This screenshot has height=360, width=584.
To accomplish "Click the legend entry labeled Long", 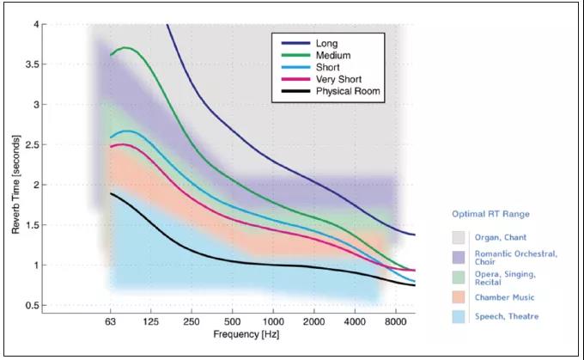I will click(x=327, y=42).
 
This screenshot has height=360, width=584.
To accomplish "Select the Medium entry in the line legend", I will click(x=332, y=54).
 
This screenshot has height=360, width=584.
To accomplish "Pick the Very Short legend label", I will click(x=338, y=79).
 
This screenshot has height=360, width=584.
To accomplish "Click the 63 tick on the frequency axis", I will click(x=110, y=320).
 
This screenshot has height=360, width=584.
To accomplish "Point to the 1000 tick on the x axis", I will click(x=273, y=320).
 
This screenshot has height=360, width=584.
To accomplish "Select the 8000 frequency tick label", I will click(x=396, y=320).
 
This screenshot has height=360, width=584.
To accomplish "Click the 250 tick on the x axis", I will click(x=192, y=320).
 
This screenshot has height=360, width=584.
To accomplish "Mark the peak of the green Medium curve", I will click(x=125, y=47).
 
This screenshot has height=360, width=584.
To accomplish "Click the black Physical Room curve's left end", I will click(x=111, y=193).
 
